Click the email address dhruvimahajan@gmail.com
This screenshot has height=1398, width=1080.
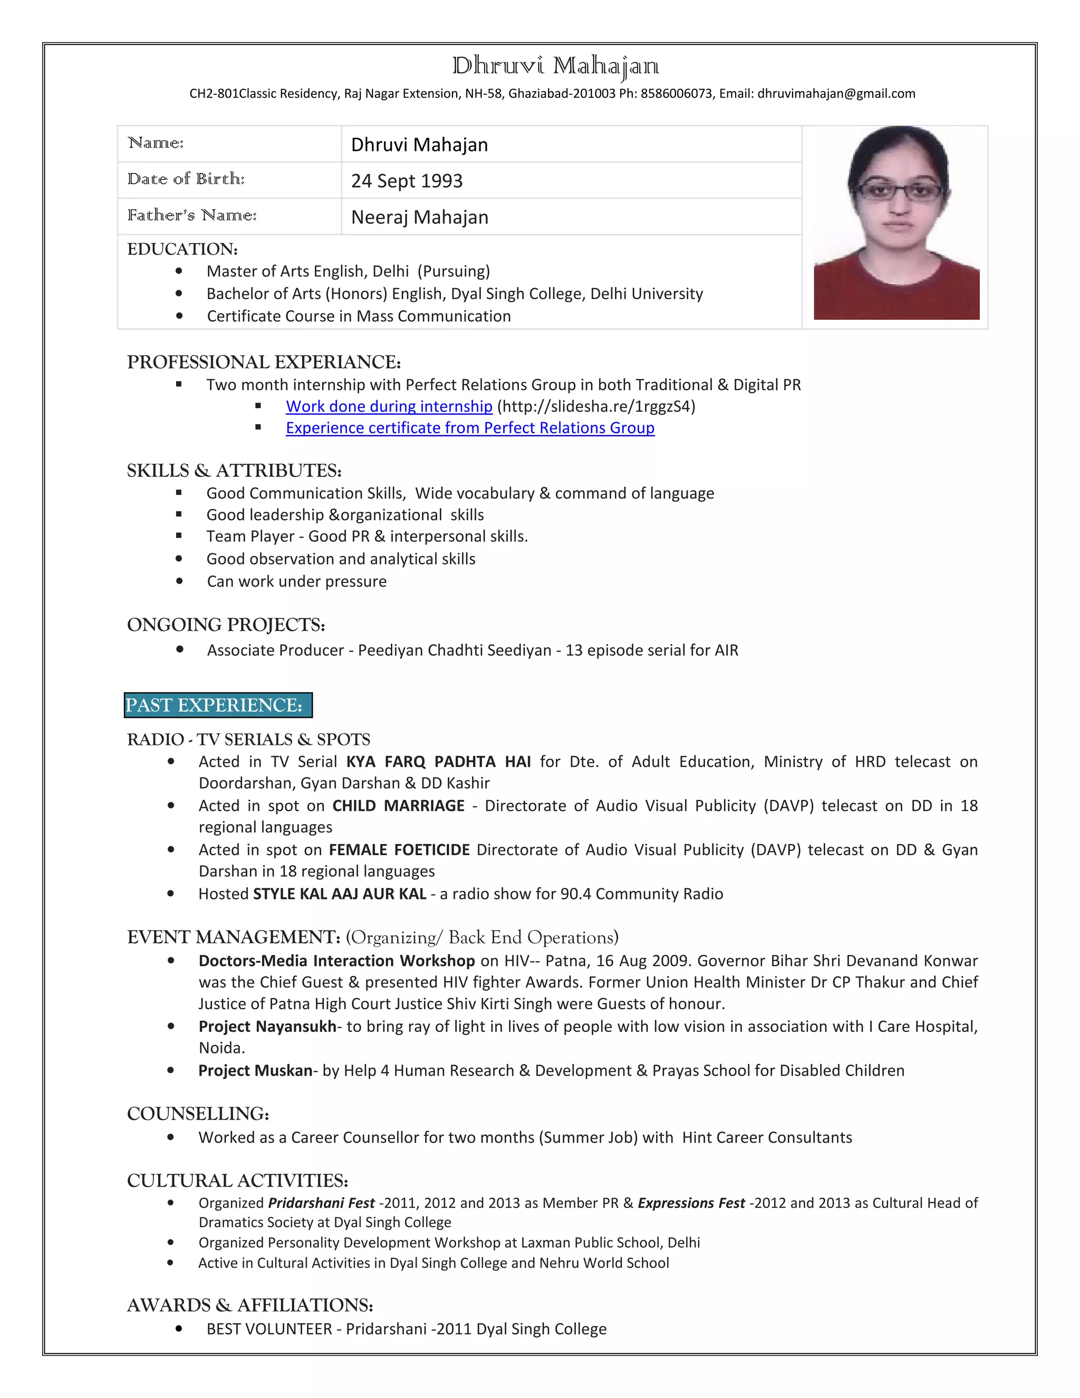(x=836, y=93)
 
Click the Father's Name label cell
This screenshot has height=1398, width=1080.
(x=192, y=216)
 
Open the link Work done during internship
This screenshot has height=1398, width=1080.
(x=389, y=406)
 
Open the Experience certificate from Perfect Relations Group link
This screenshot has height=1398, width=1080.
(x=470, y=428)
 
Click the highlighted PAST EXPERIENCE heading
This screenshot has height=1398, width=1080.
(x=218, y=705)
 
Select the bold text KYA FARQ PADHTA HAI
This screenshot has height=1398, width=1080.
(x=438, y=762)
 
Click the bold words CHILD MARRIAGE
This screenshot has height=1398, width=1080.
(x=398, y=806)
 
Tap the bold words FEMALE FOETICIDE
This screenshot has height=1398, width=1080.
(x=399, y=850)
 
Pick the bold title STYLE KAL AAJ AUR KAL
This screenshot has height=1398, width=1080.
(x=340, y=894)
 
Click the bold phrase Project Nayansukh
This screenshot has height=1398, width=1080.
(x=267, y=1027)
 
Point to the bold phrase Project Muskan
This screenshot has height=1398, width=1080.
(x=255, y=1071)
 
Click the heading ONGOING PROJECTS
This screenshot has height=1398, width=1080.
(x=226, y=625)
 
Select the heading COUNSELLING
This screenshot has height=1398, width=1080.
(x=198, y=1114)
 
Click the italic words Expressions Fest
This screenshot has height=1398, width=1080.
(x=691, y=1203)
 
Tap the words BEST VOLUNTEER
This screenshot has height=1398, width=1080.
(x=269, y=1329)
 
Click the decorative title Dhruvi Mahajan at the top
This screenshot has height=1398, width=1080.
(x=555, y=66)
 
